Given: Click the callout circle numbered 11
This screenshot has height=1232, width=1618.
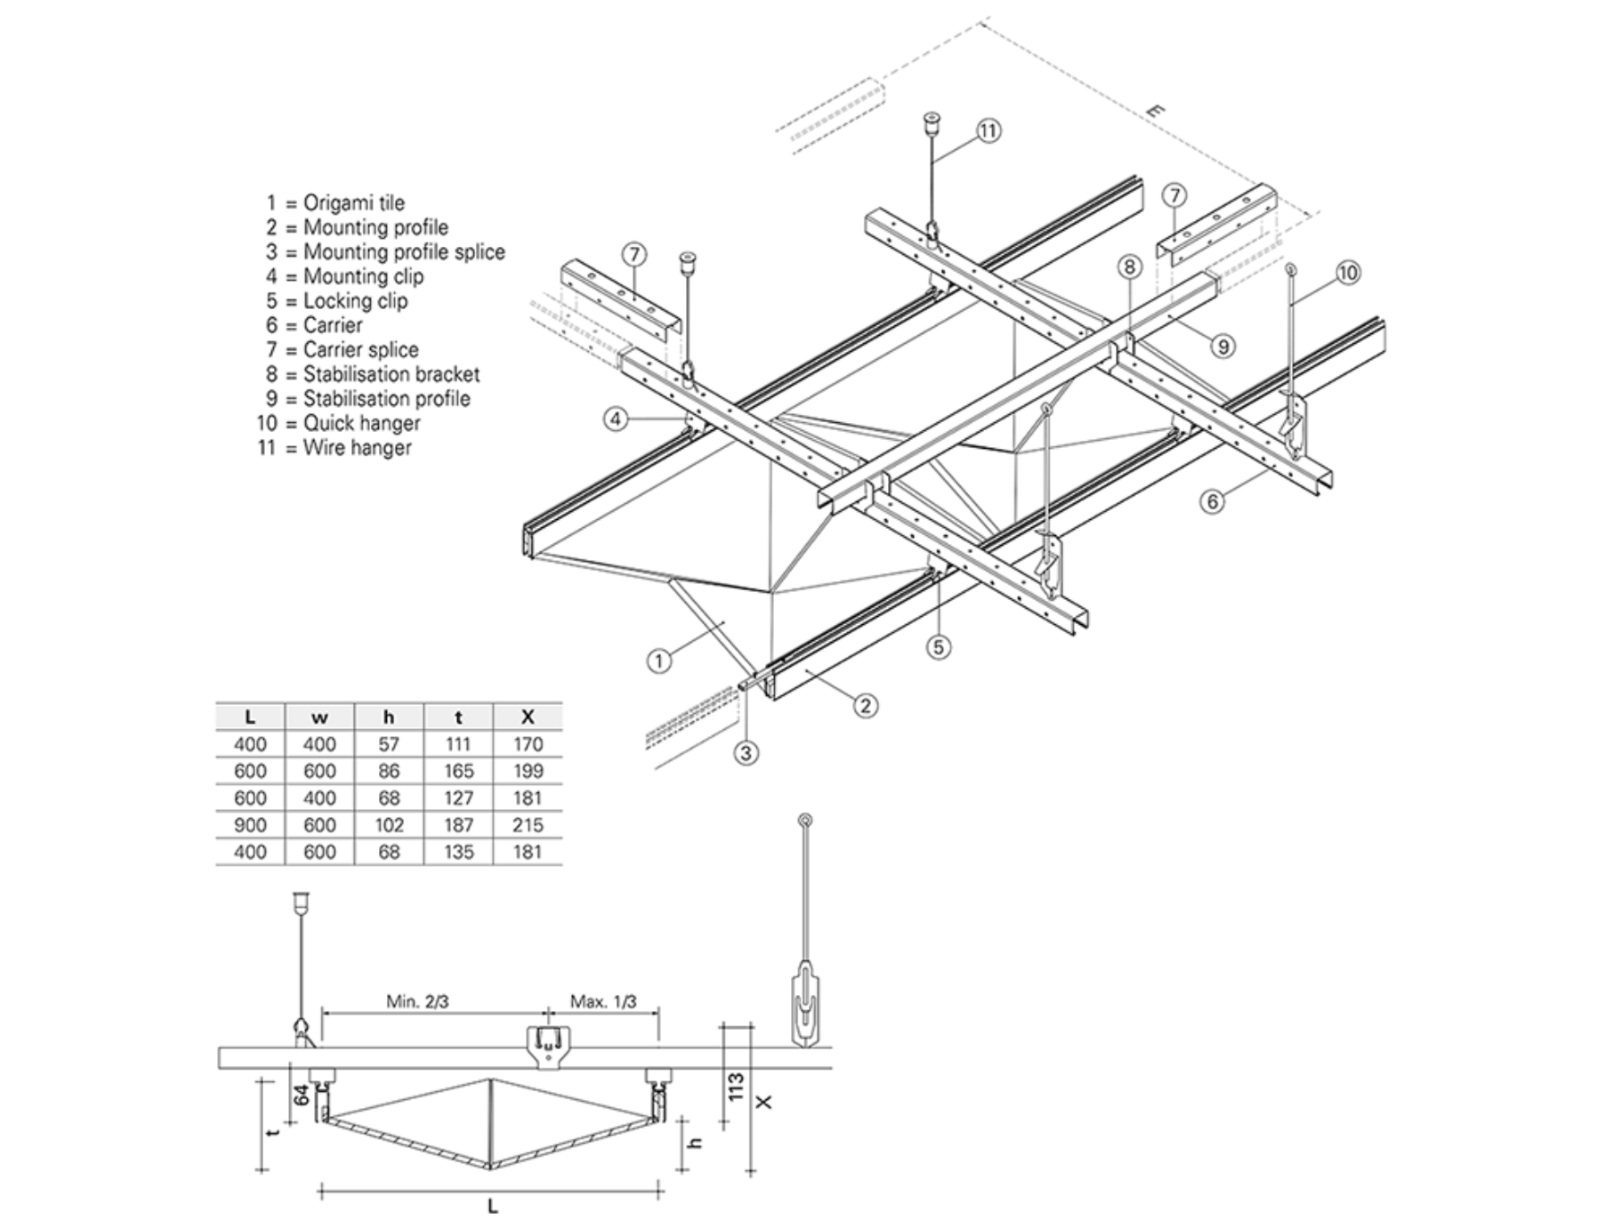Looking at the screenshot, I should (x=988, y=131).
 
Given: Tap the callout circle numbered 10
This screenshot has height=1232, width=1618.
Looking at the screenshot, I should (x=1348, y=273).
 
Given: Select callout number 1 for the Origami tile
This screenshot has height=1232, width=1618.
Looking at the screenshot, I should (x=659, y=662).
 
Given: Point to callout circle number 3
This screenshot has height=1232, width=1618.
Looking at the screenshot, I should (x=746, y=752).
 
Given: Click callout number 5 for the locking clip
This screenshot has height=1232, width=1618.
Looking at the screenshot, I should (x=938, y=647).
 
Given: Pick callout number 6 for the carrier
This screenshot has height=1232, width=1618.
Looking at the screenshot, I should (x=1212, y=501).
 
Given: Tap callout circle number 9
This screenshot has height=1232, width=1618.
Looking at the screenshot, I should (x=1222, y=346).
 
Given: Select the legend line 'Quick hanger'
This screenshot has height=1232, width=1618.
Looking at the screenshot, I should (x=339, y=423).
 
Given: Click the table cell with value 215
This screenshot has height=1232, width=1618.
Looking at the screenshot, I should (x=528, y=824).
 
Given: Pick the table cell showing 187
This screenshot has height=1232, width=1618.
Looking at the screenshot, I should (x=458, y=824).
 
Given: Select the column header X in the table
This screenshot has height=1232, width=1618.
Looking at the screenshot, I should (x=528, y=717).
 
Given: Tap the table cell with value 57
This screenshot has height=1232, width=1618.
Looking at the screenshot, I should (x=389, y=744).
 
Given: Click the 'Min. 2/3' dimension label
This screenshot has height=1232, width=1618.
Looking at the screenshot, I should (x=418, y=1001).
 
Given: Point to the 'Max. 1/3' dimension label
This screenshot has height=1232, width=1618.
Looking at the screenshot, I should (x=603, y=1001).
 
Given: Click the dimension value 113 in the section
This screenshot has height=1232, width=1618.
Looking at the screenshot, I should (x=736, y=1087).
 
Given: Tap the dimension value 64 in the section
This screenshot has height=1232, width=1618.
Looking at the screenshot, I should (x=302, y=1096).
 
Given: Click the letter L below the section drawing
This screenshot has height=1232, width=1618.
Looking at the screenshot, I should (x=492, y=1206).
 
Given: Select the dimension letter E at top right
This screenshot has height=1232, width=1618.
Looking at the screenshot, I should (x=1156, y=111).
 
